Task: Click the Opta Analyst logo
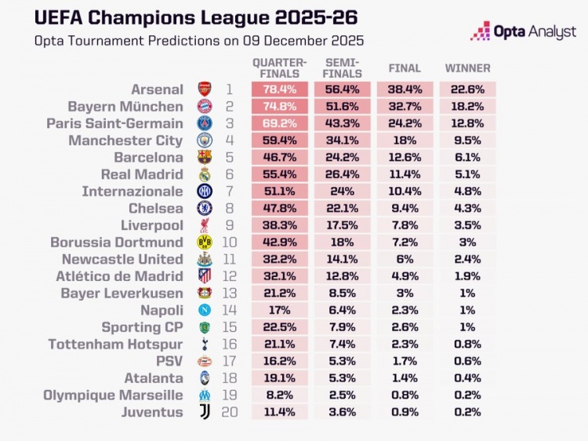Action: coord(522,31)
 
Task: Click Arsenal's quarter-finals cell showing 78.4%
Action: coord(280,89)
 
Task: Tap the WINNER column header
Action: coord(467,68)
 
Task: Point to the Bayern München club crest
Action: coord(204,107)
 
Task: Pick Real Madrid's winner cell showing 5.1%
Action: coord(467,175)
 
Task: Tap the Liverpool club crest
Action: coord(204,225)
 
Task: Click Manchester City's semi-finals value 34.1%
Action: coord(342,140)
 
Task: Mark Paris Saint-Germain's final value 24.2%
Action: coord(405,124)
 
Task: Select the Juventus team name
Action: coord(152,412)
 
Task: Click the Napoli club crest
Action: coord(204,310)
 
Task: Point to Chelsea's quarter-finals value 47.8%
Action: coord(280,209)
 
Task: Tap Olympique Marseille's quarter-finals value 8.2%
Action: coord(280,395)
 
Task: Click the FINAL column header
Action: coord(405,68)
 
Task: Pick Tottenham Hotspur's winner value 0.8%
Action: coord(467,344)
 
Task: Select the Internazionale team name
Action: coord(132,191)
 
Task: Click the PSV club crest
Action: coord(204,361)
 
